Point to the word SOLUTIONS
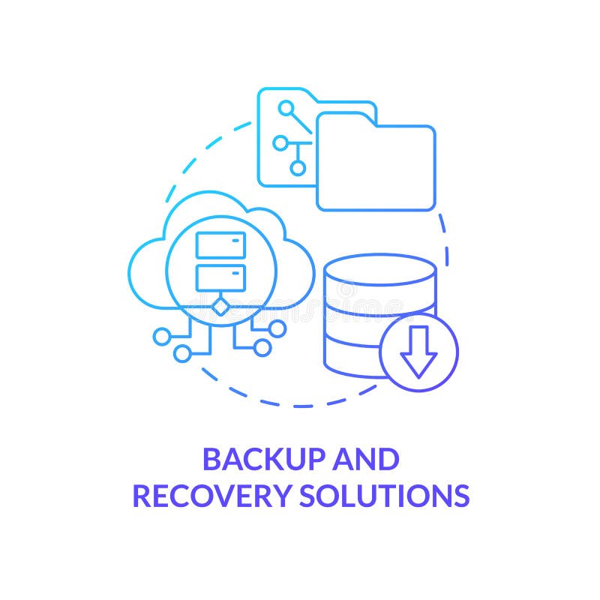tap(399, 496)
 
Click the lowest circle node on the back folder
tap(298, 168)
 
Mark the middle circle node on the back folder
tap(280, 142)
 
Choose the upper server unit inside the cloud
tap(220, 244)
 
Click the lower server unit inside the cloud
tap(220, 277)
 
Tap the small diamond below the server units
tap(220, 306)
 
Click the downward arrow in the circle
tap(418, 352)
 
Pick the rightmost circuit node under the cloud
tap(277, 328)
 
